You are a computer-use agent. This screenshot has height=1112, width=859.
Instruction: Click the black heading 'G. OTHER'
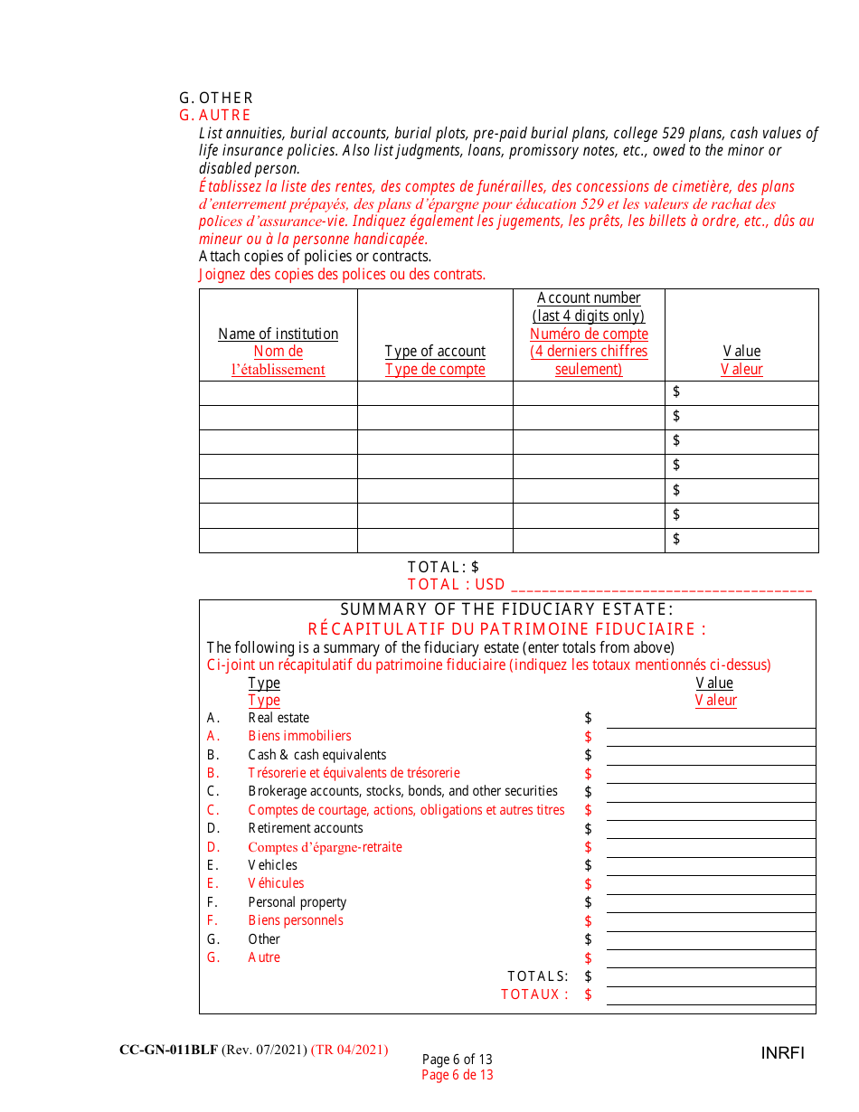pyautogui.click(x=216, y=98)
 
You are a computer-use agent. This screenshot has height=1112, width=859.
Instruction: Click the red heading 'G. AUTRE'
pyautogui.click(x=215, y=116)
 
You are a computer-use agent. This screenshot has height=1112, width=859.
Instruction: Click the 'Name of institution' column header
pyautogui.click(x=278, y=334)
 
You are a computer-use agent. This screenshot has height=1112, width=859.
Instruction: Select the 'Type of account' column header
pyautogui.click(x=435, y=351)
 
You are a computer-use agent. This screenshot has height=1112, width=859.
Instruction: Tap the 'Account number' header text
pyautogui.click(x=589, y=298)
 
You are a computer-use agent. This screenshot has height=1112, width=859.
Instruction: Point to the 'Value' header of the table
pyautogui.click(x=741, y=351)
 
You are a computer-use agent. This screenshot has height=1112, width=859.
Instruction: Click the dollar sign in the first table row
pyautogui.click(x=676, y=392)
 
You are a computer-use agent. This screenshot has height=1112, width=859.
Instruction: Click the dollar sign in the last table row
pyautogui.click(x=676, y=539)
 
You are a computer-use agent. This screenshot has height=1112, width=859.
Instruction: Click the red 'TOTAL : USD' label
pyautogui.click(x=457, y=585)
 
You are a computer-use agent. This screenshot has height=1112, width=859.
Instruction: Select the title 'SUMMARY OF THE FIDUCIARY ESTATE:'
pyautogui.click(x=506, y=610)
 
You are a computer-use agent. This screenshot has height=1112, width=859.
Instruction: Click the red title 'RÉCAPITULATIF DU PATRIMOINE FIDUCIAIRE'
pyautogui.click(x=506, y=629)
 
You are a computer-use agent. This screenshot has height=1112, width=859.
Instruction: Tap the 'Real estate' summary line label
pyautogui.click(x=278, y=718)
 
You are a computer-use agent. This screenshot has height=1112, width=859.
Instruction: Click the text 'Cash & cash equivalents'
pyautogui.click(x=317, y=755)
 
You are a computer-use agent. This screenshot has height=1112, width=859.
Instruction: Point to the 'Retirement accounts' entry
pyautogui.click(x=306, y=828)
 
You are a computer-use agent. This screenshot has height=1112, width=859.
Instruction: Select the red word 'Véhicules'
pyautogui.click(x=276, y=883)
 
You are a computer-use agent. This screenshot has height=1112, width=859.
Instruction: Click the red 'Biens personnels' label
pyautogui.click(x=296, y=920)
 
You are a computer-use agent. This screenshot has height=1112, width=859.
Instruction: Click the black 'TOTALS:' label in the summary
pyautogui.click(x=538, y=976)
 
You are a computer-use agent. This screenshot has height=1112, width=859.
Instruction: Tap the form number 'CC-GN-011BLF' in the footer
pyautogui.click(x=168, y=1050)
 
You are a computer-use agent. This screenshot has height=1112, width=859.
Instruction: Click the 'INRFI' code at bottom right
pyautogui.click(x=782, y=1053)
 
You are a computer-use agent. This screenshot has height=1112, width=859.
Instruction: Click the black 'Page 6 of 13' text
pyautogui.click(x=458, y=1060)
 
